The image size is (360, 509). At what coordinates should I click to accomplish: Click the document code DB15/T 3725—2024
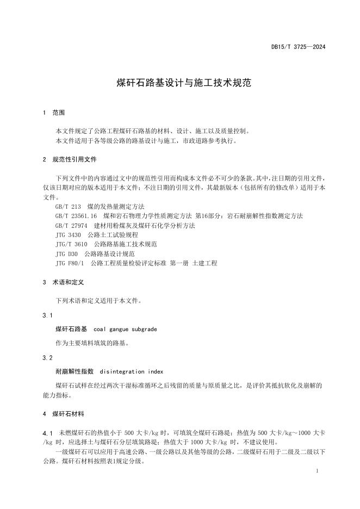coord(299,47)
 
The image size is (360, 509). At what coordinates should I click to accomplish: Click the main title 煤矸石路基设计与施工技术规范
coord(179,83)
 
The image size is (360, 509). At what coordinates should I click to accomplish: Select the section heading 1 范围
coord(54,113)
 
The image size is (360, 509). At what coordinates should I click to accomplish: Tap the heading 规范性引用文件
coord(75,160)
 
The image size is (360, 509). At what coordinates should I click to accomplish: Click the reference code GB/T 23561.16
coord(76,216)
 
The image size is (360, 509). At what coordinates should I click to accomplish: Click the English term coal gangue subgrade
coord(125,329)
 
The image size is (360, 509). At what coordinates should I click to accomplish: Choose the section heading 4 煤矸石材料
coord(68,414)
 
